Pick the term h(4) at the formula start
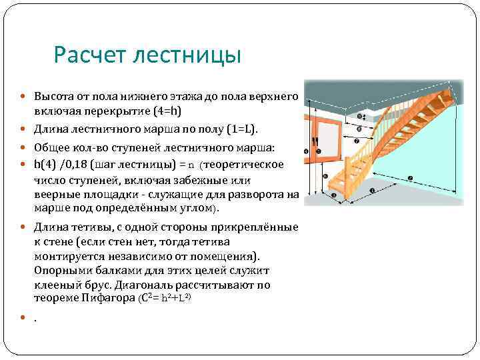(x=47, y=165)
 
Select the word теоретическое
(x=246, y=165)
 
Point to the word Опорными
(x=61, y=270)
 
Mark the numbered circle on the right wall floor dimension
(x=409, y=178)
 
